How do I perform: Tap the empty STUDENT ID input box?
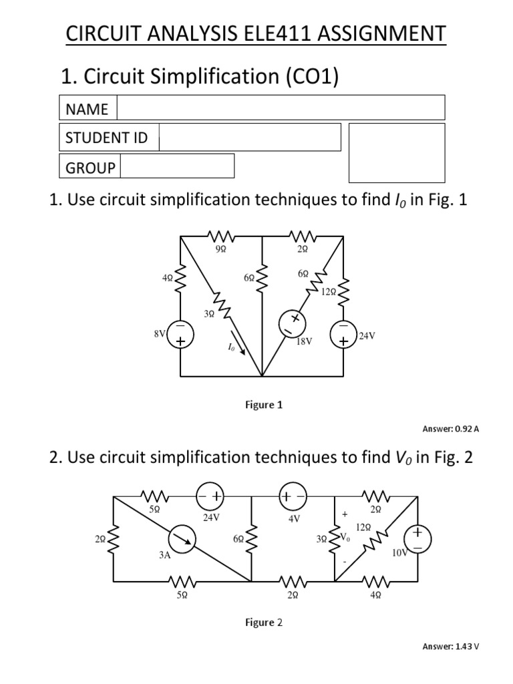249,138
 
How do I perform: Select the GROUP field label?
90,167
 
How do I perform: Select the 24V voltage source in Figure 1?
343,335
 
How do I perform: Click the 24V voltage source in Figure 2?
210,497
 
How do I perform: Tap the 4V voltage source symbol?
293,497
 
